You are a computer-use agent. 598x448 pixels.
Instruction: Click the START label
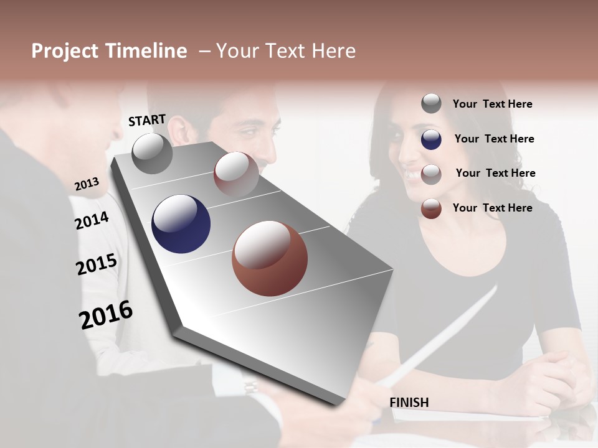coord(147,120)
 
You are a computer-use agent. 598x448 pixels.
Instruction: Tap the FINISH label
coord(409,403)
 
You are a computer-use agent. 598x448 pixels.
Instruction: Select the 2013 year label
coord(87,184)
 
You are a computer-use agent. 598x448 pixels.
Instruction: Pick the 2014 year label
coord(92,220)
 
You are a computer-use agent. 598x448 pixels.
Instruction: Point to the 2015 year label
coord(96,264)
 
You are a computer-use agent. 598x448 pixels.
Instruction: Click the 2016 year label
coord(105,315)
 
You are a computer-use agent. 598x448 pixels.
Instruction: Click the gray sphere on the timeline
coord(152,153)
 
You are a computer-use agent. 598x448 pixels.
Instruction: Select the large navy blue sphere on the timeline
coord(181,224)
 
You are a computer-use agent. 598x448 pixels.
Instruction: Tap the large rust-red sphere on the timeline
coord(270,258)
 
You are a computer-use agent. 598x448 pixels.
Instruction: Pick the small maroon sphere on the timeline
coord(236,174)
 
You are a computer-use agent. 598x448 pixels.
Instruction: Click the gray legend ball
coord(431,103)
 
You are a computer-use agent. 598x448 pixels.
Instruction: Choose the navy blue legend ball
coord(431,139)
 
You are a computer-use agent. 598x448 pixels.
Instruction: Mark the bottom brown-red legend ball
coord(431,208)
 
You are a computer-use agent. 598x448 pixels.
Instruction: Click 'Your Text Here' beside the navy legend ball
coord(494,139)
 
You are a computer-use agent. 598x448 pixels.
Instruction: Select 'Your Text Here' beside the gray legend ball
coord(492,104)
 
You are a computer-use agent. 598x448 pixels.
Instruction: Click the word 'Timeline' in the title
coord(146,51)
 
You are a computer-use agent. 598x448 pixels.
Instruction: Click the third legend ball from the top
coord(431,174)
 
